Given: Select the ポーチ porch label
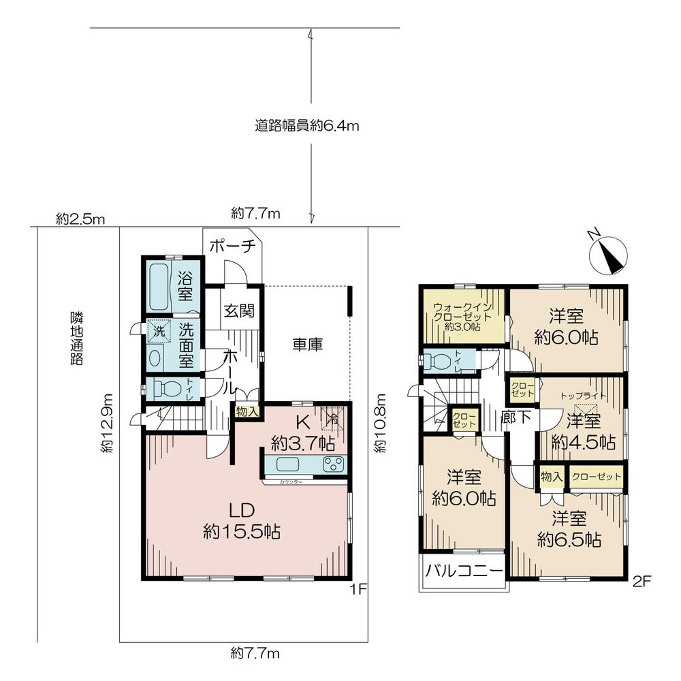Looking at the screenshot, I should click(232, 246).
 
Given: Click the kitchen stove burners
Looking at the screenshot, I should click(334, 464).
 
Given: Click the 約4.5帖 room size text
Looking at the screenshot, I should click(584, 443).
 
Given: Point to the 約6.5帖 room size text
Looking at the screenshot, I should click(569, 540).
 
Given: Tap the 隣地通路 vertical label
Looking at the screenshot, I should click(77, 338).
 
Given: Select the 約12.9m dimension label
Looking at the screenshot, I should click(108, 423).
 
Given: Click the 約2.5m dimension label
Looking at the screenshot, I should click(80, 219).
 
